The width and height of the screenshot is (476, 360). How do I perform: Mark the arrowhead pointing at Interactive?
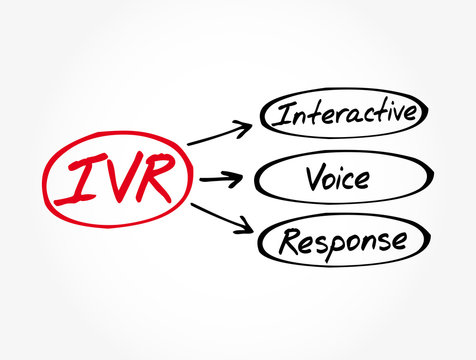243,126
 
